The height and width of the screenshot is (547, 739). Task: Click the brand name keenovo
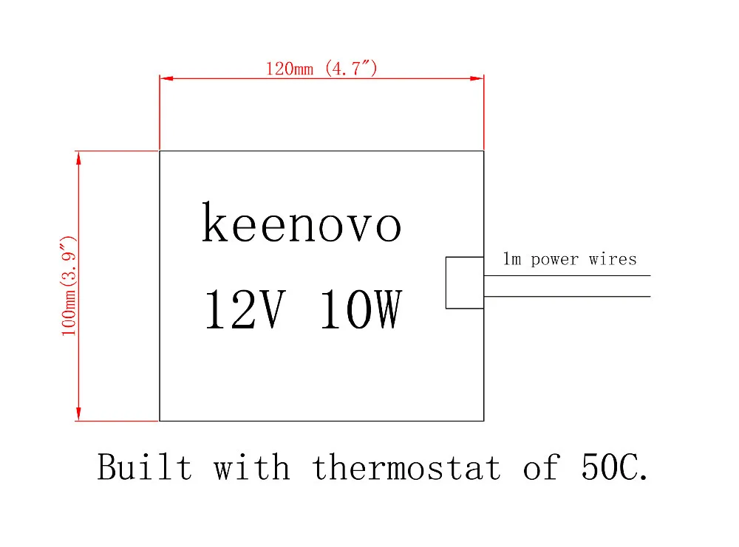coord(302,224)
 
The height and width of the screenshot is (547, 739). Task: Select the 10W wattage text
coord(361,310)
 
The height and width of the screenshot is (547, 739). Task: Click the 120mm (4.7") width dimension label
coord(321,69)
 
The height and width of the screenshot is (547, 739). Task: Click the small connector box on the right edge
coord(464,282)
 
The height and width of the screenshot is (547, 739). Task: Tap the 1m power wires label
coord(569,259)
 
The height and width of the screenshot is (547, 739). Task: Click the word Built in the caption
coord(144,467)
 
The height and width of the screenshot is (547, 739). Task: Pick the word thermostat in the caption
coord(406,467)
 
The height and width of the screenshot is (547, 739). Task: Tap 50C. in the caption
coord(611,467)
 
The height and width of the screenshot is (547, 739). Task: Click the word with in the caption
coord(251,467)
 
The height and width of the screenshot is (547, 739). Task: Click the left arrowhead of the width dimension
coord(166,78)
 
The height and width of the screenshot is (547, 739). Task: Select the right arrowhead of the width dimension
coord(477,78)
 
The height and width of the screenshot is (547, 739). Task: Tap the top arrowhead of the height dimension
coord(78,157)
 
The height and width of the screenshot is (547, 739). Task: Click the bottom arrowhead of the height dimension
coord(78,415)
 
